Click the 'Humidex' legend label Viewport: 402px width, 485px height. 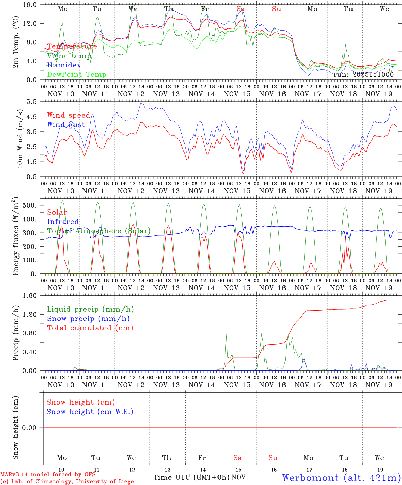(64, 65)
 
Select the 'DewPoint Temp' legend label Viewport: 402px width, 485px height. (77, 75)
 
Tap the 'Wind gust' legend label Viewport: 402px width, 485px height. (66, 125)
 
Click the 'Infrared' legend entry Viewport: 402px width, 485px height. (63, 222)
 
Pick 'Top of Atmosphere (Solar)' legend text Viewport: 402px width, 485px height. (99, 231)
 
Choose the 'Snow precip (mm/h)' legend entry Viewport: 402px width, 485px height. (88, 319)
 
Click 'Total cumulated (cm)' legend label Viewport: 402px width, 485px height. (90, 328)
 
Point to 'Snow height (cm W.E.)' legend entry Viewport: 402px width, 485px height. (90, 412)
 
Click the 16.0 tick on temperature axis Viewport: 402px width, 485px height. (34, 5)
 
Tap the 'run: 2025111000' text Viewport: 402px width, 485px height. (363, 75)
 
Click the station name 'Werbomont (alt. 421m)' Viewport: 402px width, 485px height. (341, 478)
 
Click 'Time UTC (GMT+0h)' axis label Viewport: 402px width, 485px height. (191, 477)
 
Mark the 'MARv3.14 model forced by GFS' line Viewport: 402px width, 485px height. (48, 475)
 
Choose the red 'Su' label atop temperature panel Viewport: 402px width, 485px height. (276, 9)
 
